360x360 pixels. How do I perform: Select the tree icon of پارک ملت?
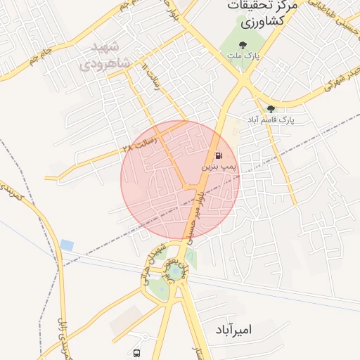point(243,44)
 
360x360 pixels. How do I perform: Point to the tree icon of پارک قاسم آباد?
point(271,108)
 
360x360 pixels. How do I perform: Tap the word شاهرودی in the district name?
point(105,64)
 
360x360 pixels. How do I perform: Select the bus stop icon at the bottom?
point(136,353)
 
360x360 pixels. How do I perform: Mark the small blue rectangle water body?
point(67,245)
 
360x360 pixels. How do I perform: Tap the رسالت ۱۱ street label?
point(152,78)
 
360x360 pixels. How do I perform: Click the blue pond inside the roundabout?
point(174,270)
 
